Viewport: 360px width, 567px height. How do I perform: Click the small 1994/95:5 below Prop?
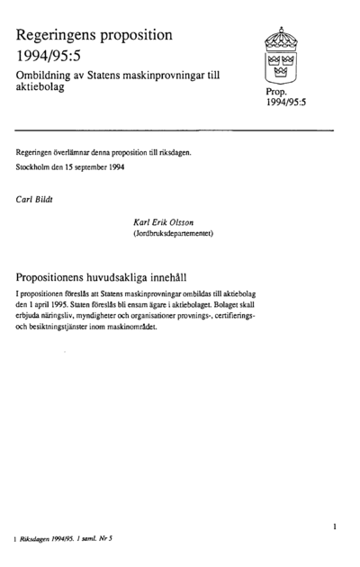click(x=286, y=104)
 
